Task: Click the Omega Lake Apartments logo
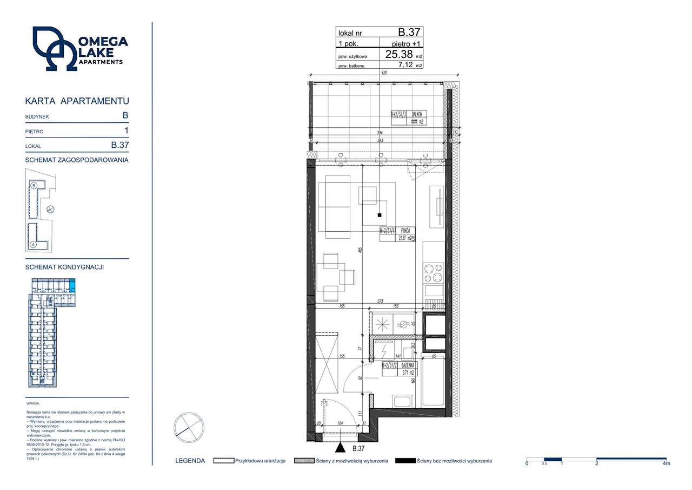pyautogui.click(x=79, y=49)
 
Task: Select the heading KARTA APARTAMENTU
pyautogui.click(x=77, y=101)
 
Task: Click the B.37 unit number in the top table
pyautogui.click(x=409, y=32)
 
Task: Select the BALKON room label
pyautogui.click(x=417, y=114)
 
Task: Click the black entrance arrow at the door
pyautogui.click(x=340, y=447)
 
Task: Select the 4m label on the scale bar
pyautogui.click(x=666, y=464)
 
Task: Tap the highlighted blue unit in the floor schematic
pyautogui.click(x=73, y=285)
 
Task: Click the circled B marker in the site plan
pyautogui.click(x=34, y=186)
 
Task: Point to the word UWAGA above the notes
pyautogui.click(x=32, y=403)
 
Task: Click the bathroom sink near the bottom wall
pyautogui.click(x=403, y=401)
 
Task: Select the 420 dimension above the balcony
pyautogui.click(x=384, y=73)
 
